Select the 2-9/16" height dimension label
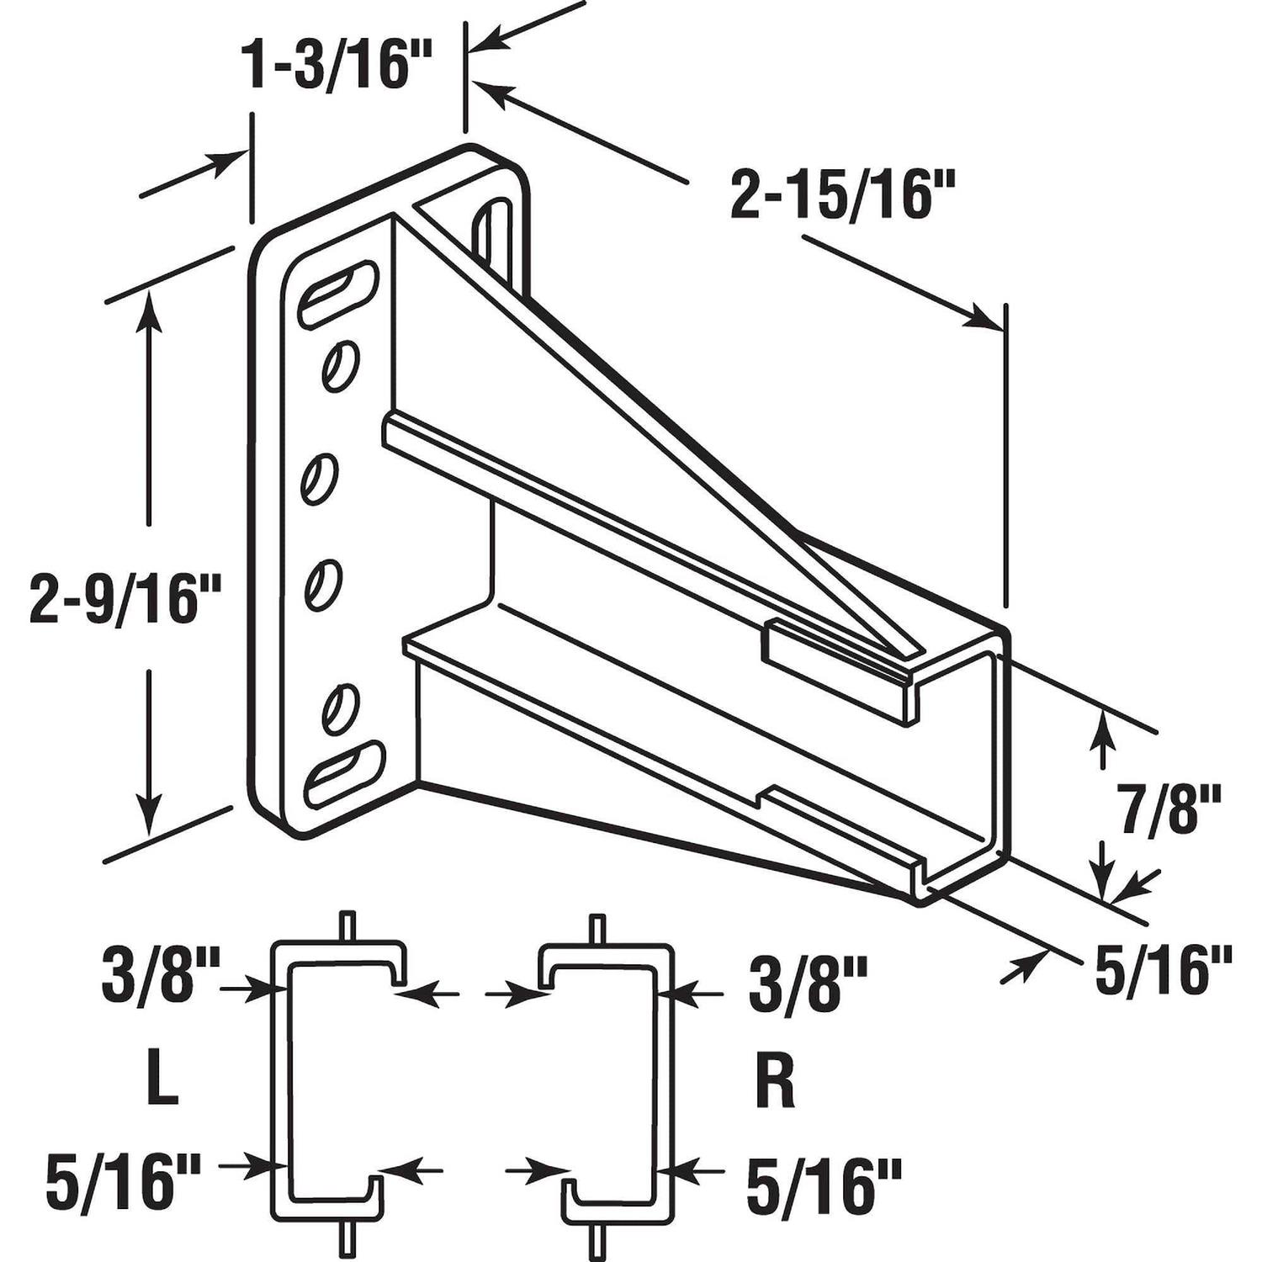(124, 597)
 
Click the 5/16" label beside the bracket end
(1163, 970)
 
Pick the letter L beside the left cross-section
(162, 1084)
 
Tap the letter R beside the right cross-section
(774, 1084)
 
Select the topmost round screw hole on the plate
(341, 364)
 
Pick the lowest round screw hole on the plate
(342, 708)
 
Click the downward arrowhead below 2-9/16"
(150, 814)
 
